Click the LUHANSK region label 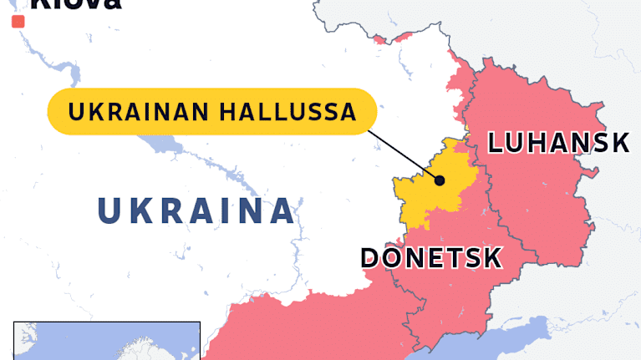tap(557, 143)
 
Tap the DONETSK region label tap(431, 257)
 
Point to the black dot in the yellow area tap(440, 179)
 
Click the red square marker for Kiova tap(18, 22)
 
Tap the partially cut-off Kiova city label tap(75, 4)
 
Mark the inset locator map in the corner tap(106, 341)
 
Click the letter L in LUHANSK tap(496, 143)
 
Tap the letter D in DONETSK tap(370, 257)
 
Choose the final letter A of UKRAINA tap(282, 210)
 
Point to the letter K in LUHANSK tap(619, 143)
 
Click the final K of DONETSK tap(493, 257)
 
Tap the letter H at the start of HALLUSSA tap(229, 112)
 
